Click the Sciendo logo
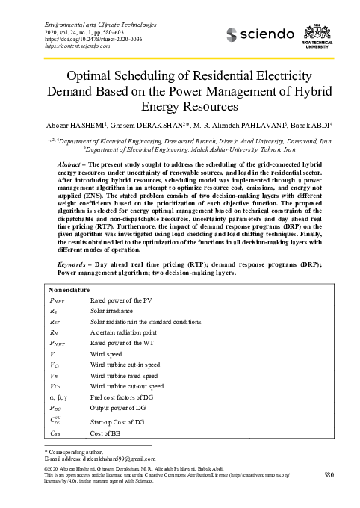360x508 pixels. pyautogui.click(x=256, y=34)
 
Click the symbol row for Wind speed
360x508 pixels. pyautogui.click(x=51, y=353)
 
